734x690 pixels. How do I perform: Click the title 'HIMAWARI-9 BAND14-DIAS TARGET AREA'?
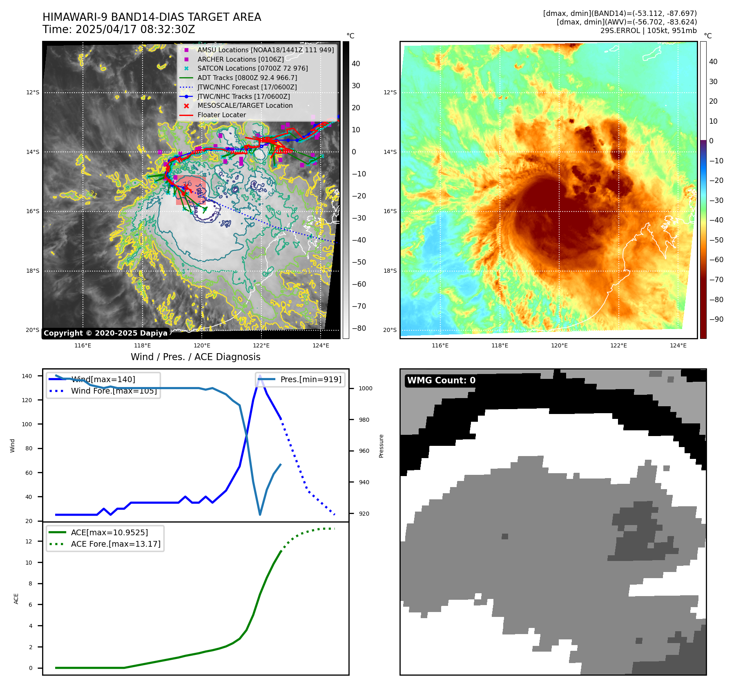tap(152, 17)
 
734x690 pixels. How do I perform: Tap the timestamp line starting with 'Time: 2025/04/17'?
tap(118, 30)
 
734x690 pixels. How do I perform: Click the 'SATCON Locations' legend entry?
tap(252, 69)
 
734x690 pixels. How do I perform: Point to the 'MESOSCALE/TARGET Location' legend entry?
tap(245, 106)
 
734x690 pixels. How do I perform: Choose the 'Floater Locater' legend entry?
tap(221, 115)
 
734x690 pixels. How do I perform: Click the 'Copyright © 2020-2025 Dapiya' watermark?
tap(105, 333)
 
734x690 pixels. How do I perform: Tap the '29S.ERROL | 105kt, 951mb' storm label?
tap(648, 31)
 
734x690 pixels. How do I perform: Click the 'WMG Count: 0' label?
tap(441, 381)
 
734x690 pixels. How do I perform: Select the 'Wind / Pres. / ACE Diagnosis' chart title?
tap(195, 357)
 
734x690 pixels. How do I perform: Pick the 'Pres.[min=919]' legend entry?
tap(310, 379)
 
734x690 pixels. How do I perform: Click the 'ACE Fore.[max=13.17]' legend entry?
tap(116, 544)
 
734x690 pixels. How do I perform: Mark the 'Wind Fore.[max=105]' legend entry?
tap(114, 391)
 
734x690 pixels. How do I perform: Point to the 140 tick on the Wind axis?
tap(27, 376)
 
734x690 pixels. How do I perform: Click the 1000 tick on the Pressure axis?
tap(365, 388)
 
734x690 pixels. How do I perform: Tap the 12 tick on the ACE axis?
tap(29, 541)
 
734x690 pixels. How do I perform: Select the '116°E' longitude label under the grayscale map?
tap(83, 345)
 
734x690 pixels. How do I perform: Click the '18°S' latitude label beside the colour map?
tap(390, 271)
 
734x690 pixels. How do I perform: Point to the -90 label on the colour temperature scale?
tap(716, 319)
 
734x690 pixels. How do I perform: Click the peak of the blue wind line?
tap(260, 376)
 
